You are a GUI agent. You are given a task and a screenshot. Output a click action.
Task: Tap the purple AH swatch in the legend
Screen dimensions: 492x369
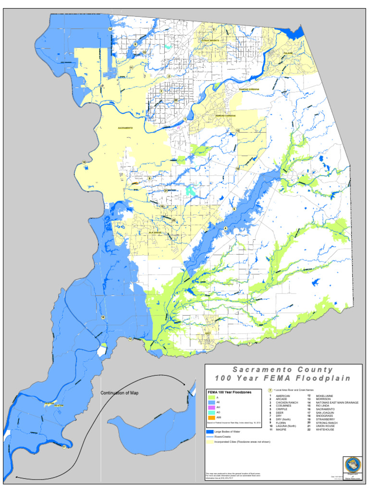[212, 406]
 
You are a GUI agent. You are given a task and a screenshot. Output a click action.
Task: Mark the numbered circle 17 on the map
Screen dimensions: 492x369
[64, 447]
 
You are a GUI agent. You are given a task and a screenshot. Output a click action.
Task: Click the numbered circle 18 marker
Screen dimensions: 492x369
[103, 317]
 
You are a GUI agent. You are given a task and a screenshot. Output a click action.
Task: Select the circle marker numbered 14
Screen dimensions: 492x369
[110, 29]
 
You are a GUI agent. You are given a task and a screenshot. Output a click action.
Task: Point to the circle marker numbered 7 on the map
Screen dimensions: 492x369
[249, 344]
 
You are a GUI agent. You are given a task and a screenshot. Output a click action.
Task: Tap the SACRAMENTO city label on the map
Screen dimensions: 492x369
[125, 128]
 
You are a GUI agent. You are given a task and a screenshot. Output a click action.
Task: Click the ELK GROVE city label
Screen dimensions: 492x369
[154, 233]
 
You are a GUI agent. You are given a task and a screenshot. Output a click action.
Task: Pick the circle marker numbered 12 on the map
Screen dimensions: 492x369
[130, 339]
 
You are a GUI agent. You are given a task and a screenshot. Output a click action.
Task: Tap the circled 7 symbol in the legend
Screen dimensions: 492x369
[271, 390]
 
